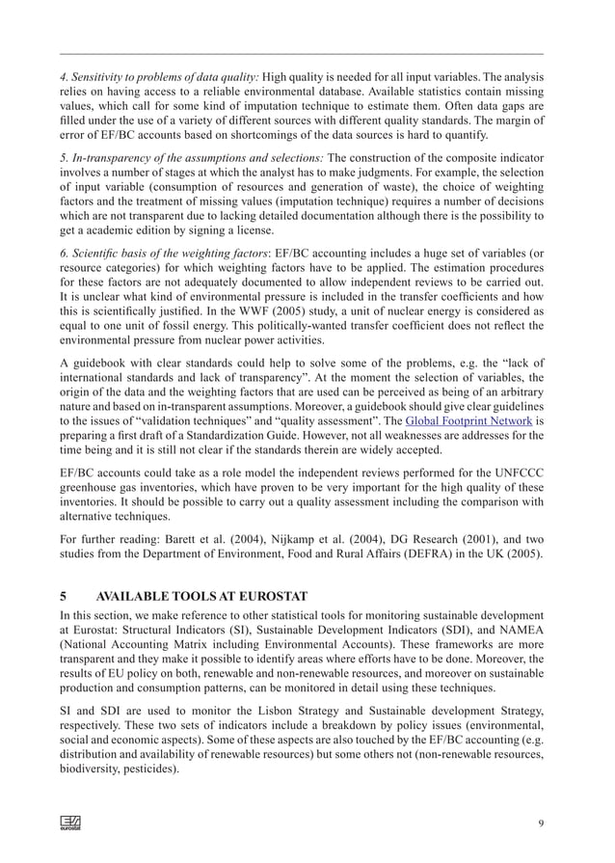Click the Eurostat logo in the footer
coord(70,823)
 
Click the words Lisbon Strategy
coord(272,709)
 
